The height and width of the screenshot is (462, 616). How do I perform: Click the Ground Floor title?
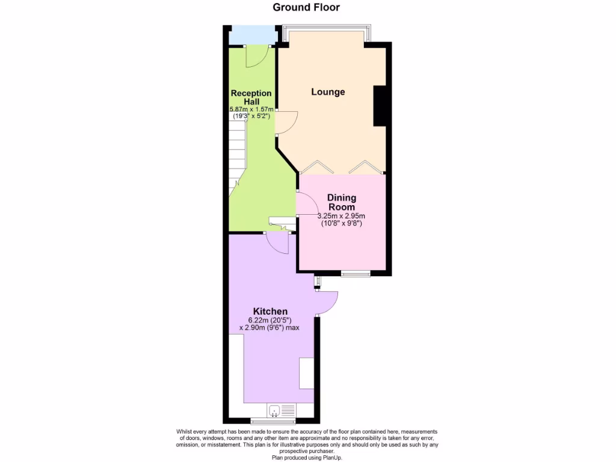pyautogui.click(x=306, y=8)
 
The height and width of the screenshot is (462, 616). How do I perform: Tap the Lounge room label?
pyautogui.click(x=328, y=92)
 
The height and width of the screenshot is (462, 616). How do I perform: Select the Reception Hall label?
pyautogui.click(x=251, y=97)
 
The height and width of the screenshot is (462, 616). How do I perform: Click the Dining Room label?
pyautogui.click(x=341, y=202)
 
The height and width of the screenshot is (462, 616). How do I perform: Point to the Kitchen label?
pyautogui.click(x=269, y=311)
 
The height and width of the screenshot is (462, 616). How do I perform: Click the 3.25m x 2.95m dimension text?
pyautogui.click(x=342, y=216)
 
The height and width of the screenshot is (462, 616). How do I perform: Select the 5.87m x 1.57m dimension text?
pyautogui.click(x=251, y=109)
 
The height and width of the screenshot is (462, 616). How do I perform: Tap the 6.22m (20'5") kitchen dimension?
pyautogui.click(x=269, y=320)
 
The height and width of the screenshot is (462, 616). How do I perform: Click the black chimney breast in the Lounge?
pyautogui.click(x=380, y=106)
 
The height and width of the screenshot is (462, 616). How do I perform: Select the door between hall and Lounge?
pyautogui.click(x=285, y=123)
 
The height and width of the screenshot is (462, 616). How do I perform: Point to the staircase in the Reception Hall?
pyautogui.click(x=238, y=156)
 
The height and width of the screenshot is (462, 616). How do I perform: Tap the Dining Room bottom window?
pyautogui.click(x=356, y=274)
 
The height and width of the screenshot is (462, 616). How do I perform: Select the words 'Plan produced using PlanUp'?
pyautogui.click(x=307, y=457)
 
